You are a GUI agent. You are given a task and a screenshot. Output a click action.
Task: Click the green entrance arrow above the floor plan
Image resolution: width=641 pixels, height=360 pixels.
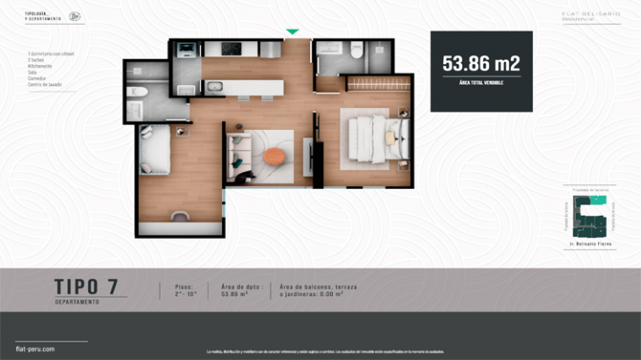(292, 32)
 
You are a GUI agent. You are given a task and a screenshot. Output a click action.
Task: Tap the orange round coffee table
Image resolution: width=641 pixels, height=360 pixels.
(275, 156)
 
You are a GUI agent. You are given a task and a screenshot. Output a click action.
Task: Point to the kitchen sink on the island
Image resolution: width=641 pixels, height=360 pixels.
(215, 86)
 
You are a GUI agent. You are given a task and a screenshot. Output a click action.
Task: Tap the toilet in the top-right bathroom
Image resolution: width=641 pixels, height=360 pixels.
(356, 52)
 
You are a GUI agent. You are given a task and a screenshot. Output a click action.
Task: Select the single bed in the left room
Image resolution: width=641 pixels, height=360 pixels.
(154, 148)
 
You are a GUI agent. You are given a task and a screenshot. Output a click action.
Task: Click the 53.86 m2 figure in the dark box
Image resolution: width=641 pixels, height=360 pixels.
(481, 63)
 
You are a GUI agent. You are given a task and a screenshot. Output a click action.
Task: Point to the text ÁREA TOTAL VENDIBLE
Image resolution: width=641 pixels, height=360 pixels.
(481, 81)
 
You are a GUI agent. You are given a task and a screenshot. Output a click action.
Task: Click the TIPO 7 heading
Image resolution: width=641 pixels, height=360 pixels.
(85, 286)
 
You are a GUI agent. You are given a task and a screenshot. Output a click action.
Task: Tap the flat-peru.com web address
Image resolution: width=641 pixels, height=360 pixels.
(35, 349)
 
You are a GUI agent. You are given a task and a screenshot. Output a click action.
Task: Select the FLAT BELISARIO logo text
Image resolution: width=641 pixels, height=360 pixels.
(591, 13)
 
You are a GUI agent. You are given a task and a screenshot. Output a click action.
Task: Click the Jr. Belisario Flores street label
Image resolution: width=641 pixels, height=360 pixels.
(590, 242)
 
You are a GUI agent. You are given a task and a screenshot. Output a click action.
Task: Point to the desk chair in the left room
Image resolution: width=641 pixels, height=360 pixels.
(182, 215)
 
